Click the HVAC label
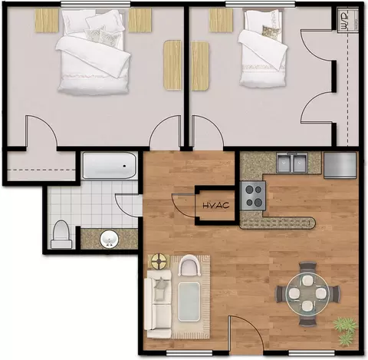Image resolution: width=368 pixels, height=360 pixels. pyautogui.click(x=216, y=205)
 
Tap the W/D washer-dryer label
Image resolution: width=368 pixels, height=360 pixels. pyautogui.click(x=344, y=20)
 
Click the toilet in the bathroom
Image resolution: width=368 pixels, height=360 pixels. pyautogui.click(x=61, y=234)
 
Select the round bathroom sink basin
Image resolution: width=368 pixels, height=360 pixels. pyautogui.click(x=110, y=239)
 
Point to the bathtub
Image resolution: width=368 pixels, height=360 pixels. pyautogui.click(x=110, y=166)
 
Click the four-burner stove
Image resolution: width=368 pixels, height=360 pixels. pyautogui.click(x=253, y=196)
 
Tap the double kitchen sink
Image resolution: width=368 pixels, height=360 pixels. pyautogui.click(x=292, y=163)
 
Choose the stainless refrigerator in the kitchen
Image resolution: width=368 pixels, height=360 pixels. pyautogui.click(x=340, y=165)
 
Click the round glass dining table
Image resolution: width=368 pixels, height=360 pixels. pyautogui.click(x=307, y=292)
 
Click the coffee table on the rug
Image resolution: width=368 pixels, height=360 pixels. pyautogui.click(x=189, y=302)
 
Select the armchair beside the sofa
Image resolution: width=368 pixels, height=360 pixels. pyautogui.click(x=190, y=266)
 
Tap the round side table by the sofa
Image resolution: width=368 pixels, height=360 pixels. pyautogui.click(x=159, y=261)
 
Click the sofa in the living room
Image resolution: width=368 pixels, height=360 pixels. pyautogui.click(x=158, y=304)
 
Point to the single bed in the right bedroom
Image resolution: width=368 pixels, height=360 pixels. pyautogui.click(x=262, y=48)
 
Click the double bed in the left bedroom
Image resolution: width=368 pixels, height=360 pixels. pyautogui.click(x=93, y=52)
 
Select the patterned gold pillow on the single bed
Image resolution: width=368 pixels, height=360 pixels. pyautogui.click(x=271, y=31)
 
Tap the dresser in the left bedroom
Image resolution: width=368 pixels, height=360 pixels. pyautogui.click(x=172, y=65)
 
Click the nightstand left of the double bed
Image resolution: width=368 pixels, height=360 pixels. pyautogui.click(x=47, y=21)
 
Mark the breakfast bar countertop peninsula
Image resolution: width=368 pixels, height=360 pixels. pyautogui.click(x=278, y=223)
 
